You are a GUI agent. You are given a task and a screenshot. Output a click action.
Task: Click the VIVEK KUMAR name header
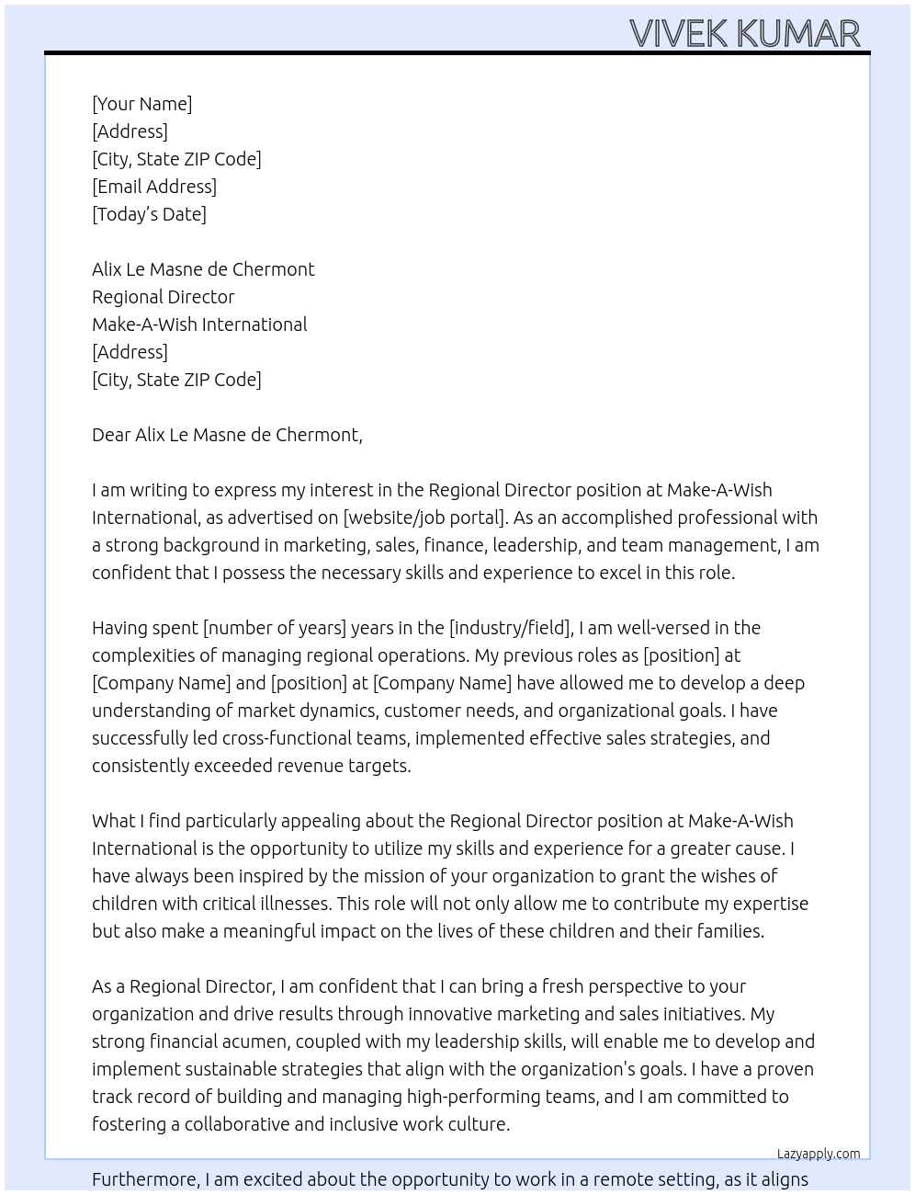point(744,33)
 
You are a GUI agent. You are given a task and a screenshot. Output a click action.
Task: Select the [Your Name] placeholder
point(141,104)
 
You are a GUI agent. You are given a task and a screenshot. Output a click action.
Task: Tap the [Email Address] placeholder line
point(154,187)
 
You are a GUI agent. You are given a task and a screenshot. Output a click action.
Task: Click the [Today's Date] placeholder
point(149,214)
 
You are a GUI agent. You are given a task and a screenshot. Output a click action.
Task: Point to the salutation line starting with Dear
point(227,435)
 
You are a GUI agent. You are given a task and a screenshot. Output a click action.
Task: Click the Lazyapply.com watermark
point(819,1154)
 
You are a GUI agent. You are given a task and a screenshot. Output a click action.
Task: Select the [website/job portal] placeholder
point(424,518)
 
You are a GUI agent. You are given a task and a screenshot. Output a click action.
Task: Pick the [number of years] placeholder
point(275,628)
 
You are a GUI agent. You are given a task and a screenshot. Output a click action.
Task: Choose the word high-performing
point(531,1097)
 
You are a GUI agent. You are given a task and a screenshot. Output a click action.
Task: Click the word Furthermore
point(145,1179)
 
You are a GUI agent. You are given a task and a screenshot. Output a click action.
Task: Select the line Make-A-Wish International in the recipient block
point(199,324)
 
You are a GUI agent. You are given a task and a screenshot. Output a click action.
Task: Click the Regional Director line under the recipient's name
point(164,297)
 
